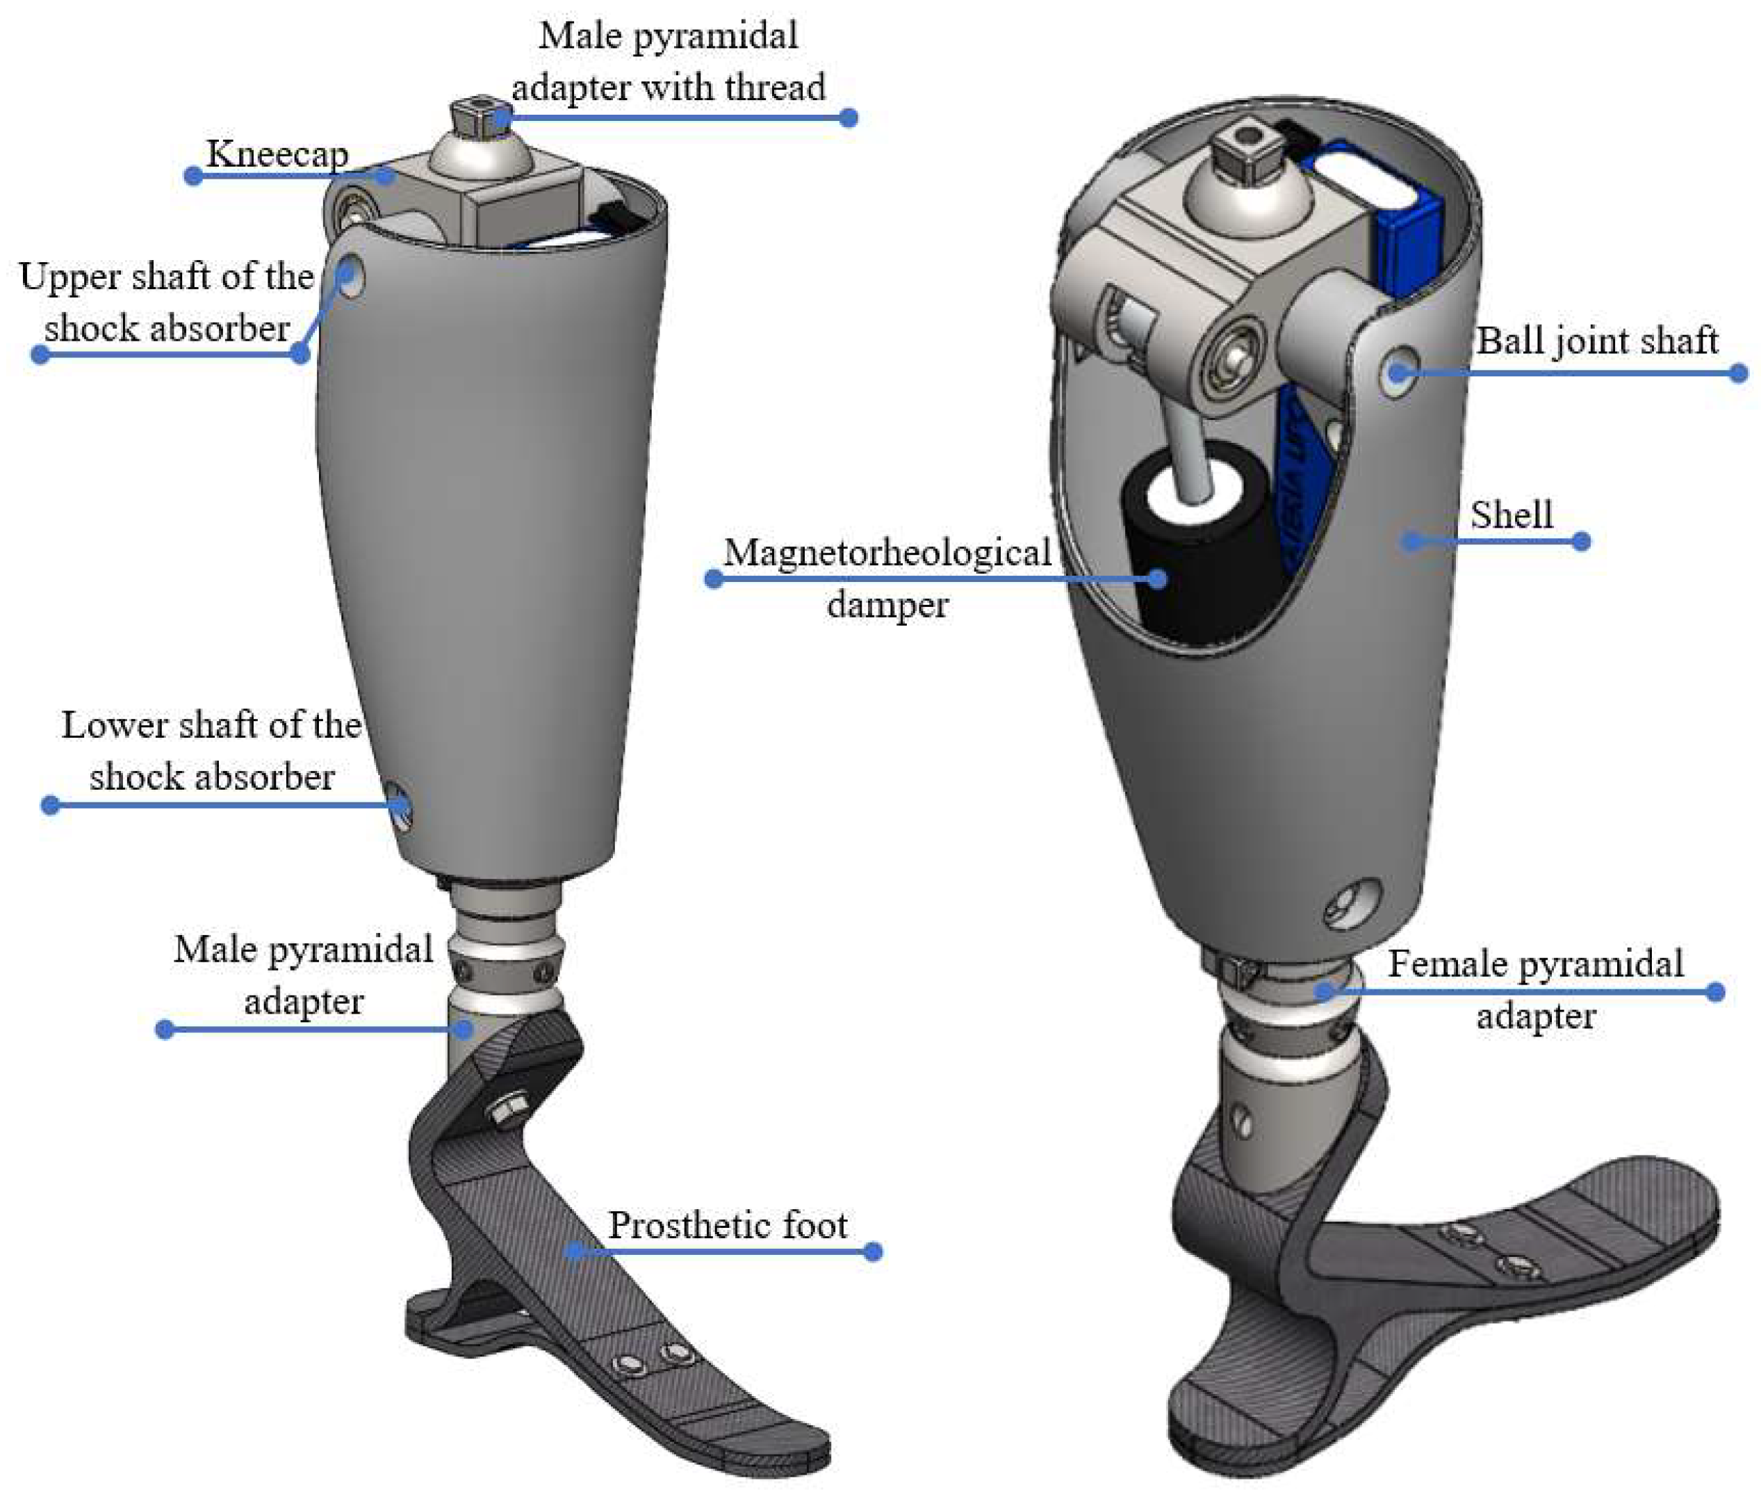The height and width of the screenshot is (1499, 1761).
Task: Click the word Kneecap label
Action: click(277, 154)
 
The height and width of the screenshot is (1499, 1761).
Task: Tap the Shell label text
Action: click(1512, 514)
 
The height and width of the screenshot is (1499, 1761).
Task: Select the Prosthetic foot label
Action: click(727, 1224)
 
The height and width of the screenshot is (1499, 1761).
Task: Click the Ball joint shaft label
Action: click(1597, 340)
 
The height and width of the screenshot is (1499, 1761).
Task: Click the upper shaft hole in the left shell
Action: click(349, 277)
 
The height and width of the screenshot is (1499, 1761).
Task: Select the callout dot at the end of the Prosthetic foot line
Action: click(872, 1251)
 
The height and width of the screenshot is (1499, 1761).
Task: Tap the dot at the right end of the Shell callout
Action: click(1581, 542)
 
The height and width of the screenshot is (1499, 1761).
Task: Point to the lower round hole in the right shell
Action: click(1352, 904)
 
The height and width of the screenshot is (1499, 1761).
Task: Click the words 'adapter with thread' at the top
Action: click(668, 88)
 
